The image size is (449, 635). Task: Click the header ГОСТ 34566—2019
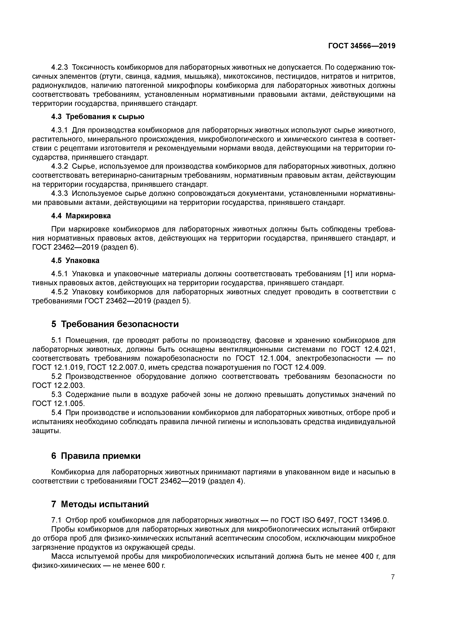(x=362, y=46)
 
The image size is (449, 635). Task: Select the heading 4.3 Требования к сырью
(x=98, y=117)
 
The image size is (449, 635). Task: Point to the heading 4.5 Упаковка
(x=75, y=260)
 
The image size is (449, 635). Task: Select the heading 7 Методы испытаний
(x=100, y=504)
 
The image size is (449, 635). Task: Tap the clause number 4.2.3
(x=60, y=68)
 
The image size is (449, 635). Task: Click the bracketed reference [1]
(x=347, y=274)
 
